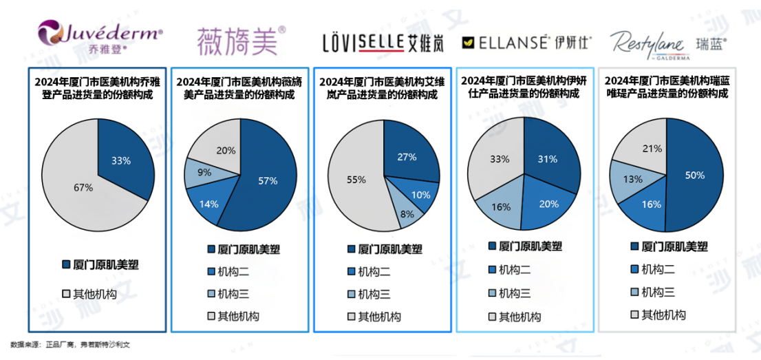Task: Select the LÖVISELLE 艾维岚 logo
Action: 383,43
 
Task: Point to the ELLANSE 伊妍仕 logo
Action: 526,42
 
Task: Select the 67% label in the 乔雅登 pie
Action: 83,187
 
